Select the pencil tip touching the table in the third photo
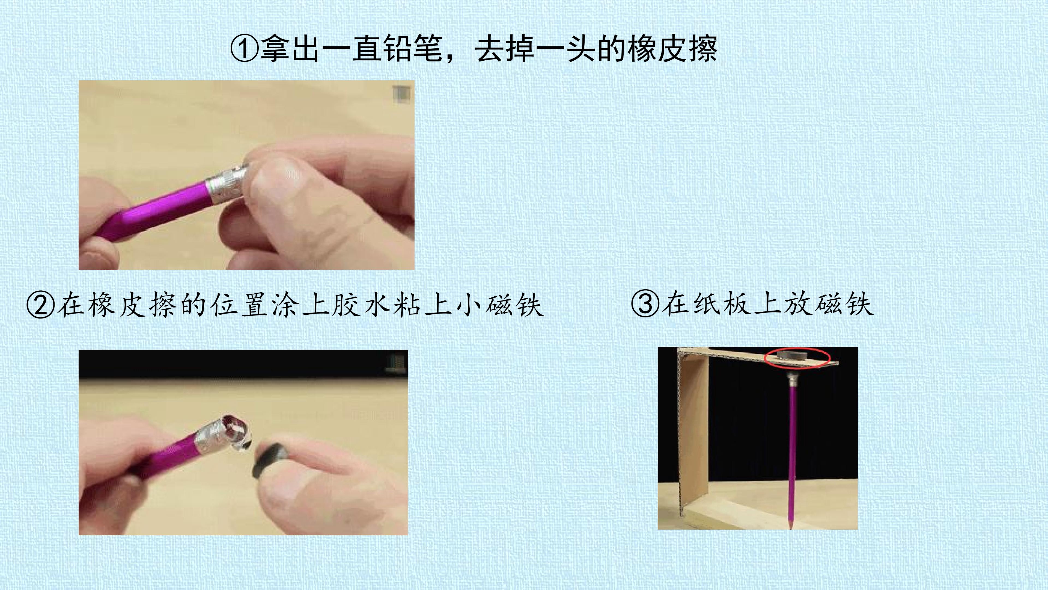click(790, 525)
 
